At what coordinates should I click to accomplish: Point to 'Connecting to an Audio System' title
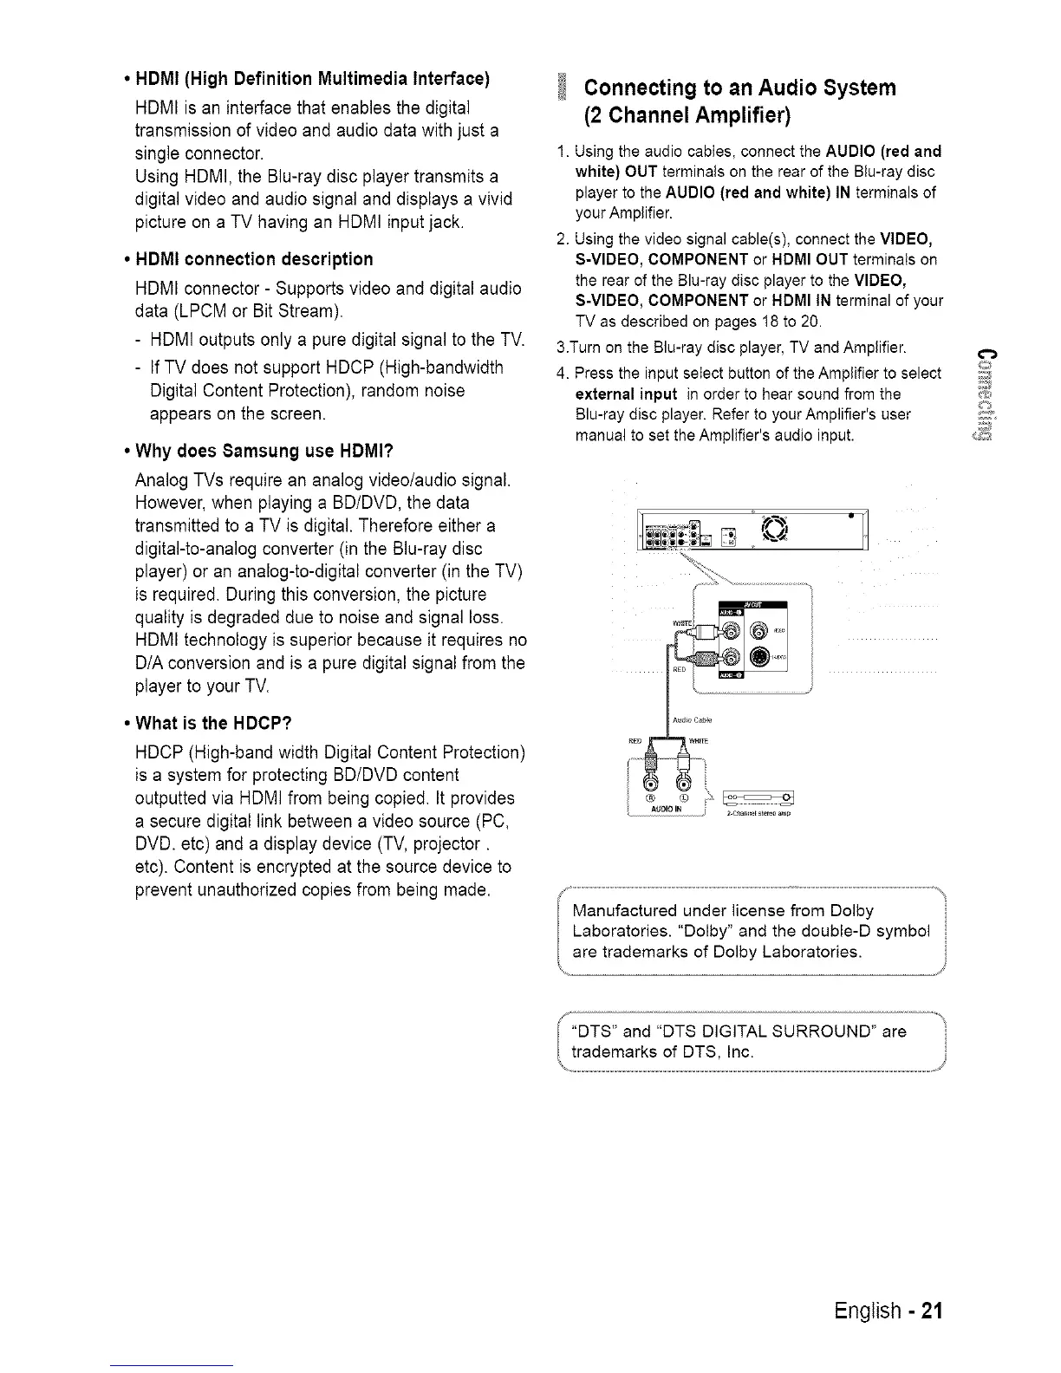[740, 88]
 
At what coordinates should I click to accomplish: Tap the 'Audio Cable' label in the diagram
[691, 720]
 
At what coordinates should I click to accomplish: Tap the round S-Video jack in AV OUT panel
[759, 656]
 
